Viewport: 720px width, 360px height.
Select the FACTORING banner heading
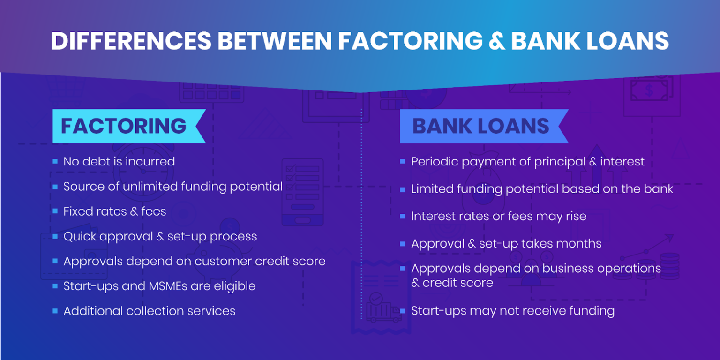coord(124,126)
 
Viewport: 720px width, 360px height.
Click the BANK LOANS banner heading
coord(480,126)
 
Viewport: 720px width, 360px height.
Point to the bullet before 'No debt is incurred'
coord(55,162)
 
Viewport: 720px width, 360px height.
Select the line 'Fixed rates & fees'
coord(115,211)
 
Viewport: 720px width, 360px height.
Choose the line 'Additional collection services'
coord(149,311)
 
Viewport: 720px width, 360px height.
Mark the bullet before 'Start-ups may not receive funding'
coord(402,311)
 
